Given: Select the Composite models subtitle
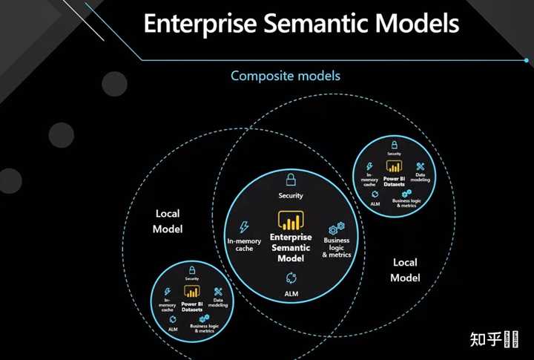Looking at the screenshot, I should point(285,76).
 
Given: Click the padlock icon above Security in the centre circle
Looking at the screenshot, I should point(291,180).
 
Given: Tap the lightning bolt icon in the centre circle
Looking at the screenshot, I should point(244,228).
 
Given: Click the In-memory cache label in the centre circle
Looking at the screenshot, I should point(244,244).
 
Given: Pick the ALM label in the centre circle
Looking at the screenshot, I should point(291,294).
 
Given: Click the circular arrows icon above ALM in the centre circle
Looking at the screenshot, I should point(291,278).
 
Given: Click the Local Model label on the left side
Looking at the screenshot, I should point(168,221).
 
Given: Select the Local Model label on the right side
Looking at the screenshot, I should point(405,270).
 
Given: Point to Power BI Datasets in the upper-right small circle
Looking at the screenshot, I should point(394,180).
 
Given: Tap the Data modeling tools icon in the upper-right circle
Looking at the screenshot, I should point(421,166).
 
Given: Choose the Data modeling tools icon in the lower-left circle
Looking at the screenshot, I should point(219,292).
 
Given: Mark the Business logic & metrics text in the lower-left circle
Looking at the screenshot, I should point(202,329).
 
